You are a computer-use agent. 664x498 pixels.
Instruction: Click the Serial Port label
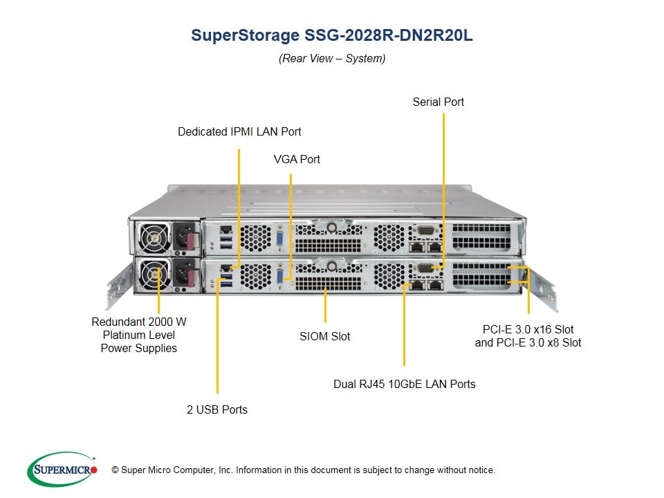(439, 102)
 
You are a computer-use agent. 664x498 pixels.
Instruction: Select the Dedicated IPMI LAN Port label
(239, 131)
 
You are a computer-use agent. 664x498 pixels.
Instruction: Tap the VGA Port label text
(297, 159)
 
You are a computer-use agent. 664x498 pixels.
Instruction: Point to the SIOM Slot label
(325, 336)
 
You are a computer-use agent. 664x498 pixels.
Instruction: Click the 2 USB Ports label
(217, 409)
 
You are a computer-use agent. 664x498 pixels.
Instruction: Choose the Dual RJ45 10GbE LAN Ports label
(405, 384)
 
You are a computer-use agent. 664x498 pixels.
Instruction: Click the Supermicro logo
(62, 469)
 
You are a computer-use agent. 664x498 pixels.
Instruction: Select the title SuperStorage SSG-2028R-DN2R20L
(331, 35)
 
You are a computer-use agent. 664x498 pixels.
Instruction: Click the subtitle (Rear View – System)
(332, 58)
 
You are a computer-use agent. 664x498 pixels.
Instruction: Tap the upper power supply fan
(154, 237)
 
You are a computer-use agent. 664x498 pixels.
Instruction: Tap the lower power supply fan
(154, 274)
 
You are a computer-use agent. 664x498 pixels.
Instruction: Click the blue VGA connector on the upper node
(280, 239)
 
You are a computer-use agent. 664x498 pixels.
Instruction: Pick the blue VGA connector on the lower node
(280, 276)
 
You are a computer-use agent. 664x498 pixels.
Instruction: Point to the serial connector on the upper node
(425, 231)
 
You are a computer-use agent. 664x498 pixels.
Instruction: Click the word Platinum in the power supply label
(138, 335)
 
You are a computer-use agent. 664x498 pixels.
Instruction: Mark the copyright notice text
(303, 470)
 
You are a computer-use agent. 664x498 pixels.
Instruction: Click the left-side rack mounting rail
(119, 286)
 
